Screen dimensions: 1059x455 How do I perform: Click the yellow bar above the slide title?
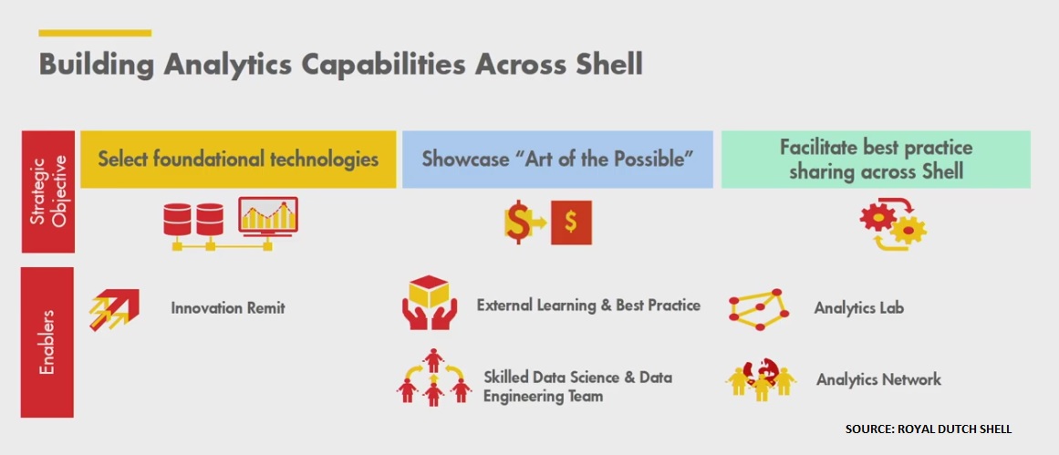[x=95, y=33]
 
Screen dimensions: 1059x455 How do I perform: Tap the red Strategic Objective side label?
[x=48, y=191]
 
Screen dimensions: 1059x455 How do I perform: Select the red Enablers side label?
[x=47, y=342]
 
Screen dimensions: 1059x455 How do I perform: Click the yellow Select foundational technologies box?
[x=238, y=160]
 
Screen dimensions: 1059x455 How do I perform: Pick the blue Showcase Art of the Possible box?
[x=557, y=160]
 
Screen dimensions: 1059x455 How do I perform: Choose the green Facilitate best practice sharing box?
[x=876, y=160]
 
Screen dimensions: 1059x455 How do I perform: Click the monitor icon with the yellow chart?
[x=268, y=216]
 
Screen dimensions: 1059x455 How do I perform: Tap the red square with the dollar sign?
[x=571, y=222]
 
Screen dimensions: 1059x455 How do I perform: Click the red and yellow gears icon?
[x=893, y=223]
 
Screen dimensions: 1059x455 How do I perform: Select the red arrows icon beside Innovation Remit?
[x=114, y=309]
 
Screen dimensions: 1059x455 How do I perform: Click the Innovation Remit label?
[x=228, y=308]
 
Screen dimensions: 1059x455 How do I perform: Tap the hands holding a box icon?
[x=430, y=302]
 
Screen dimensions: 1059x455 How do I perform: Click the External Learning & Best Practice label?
[x=588, y=305]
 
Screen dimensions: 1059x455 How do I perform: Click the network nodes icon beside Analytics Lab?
[x=760, y=309]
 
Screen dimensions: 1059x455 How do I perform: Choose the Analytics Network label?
[x=878, y=379]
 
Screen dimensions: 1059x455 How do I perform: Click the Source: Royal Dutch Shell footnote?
[x=929, y=429]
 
